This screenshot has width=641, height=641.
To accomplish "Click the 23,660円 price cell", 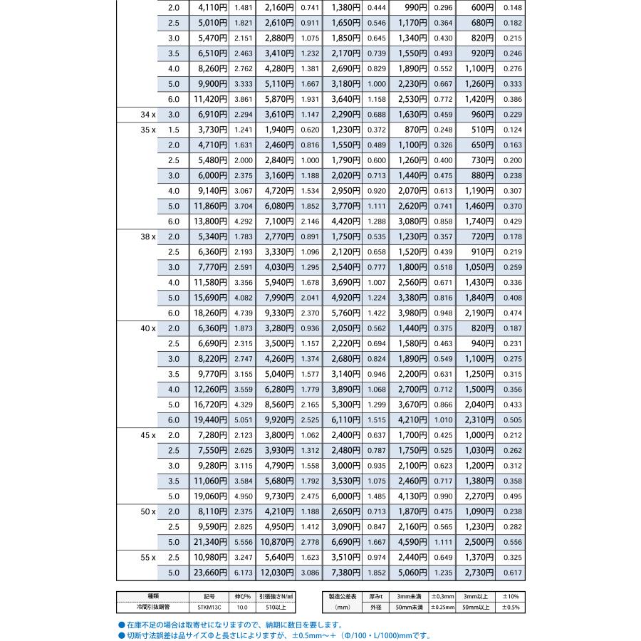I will point(209,572).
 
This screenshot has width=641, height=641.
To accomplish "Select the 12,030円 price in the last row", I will point(275,572).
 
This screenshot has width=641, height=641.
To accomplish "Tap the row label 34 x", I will point(148,114).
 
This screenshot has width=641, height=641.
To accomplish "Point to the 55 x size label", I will point(148,557).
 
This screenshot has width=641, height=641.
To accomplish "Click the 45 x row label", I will point(148,435).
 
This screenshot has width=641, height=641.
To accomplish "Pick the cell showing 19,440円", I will point(209,419).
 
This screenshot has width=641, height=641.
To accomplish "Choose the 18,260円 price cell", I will point(209,313).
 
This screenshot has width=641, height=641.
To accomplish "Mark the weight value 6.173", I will point(243,572).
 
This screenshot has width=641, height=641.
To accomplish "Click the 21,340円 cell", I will point(209,542).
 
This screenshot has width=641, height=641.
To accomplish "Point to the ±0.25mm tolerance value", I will point(442,608).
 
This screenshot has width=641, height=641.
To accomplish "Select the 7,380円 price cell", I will point(342,572).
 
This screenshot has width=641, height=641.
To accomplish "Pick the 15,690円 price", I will point(209,298).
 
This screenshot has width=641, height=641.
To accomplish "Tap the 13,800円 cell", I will point(209,222).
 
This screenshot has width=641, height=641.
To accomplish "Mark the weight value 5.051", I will point(243,419).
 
